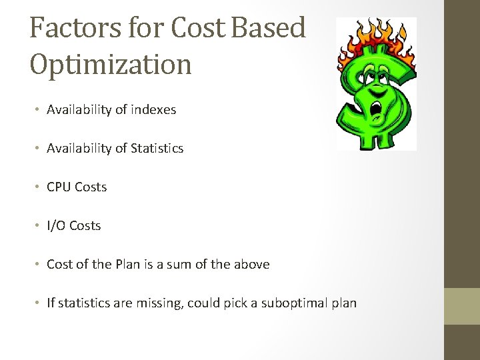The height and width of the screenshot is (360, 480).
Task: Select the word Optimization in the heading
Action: point(111,64)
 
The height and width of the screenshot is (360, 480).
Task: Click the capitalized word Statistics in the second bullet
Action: point(157,149)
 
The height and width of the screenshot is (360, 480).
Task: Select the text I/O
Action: point(56,226)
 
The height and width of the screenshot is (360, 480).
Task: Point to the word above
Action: point(251,265)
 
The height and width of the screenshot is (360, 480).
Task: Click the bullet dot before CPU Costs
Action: point(38,187)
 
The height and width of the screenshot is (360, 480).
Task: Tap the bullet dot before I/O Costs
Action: point(38,226)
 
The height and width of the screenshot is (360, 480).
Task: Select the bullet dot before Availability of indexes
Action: point(38,110)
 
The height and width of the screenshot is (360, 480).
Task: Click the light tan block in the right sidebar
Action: point(462,306)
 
